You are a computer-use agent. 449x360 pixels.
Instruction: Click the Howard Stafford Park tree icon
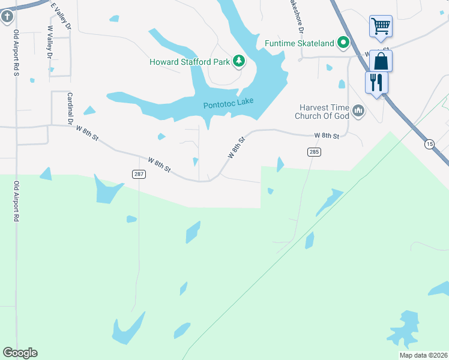pos(239,61)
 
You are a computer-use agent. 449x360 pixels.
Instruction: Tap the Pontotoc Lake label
pos(229,103)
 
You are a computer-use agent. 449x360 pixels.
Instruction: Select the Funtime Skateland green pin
pos(343,43)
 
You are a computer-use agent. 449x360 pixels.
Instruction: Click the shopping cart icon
pos(381,26)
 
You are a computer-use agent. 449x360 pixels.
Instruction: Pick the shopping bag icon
pos(381,61)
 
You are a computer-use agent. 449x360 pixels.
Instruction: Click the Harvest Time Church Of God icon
pos(359,110)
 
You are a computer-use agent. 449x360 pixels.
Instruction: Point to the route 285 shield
pos(315,152)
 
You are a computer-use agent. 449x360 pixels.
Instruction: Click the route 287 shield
pos(138,174)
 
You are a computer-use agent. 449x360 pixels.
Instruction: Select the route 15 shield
pos(429,144)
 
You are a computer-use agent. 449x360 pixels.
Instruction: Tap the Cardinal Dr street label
pos(70,109)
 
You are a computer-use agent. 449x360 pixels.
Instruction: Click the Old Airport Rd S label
pos(16,53)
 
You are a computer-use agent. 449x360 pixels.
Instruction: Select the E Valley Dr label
pos(61,16)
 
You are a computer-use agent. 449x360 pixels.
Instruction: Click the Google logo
pos(20,353)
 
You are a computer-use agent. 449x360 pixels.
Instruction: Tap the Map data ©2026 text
pos(423,355)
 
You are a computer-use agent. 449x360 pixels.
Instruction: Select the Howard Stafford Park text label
pos(190,61)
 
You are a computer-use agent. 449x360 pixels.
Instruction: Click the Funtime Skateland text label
pos(300,43)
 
